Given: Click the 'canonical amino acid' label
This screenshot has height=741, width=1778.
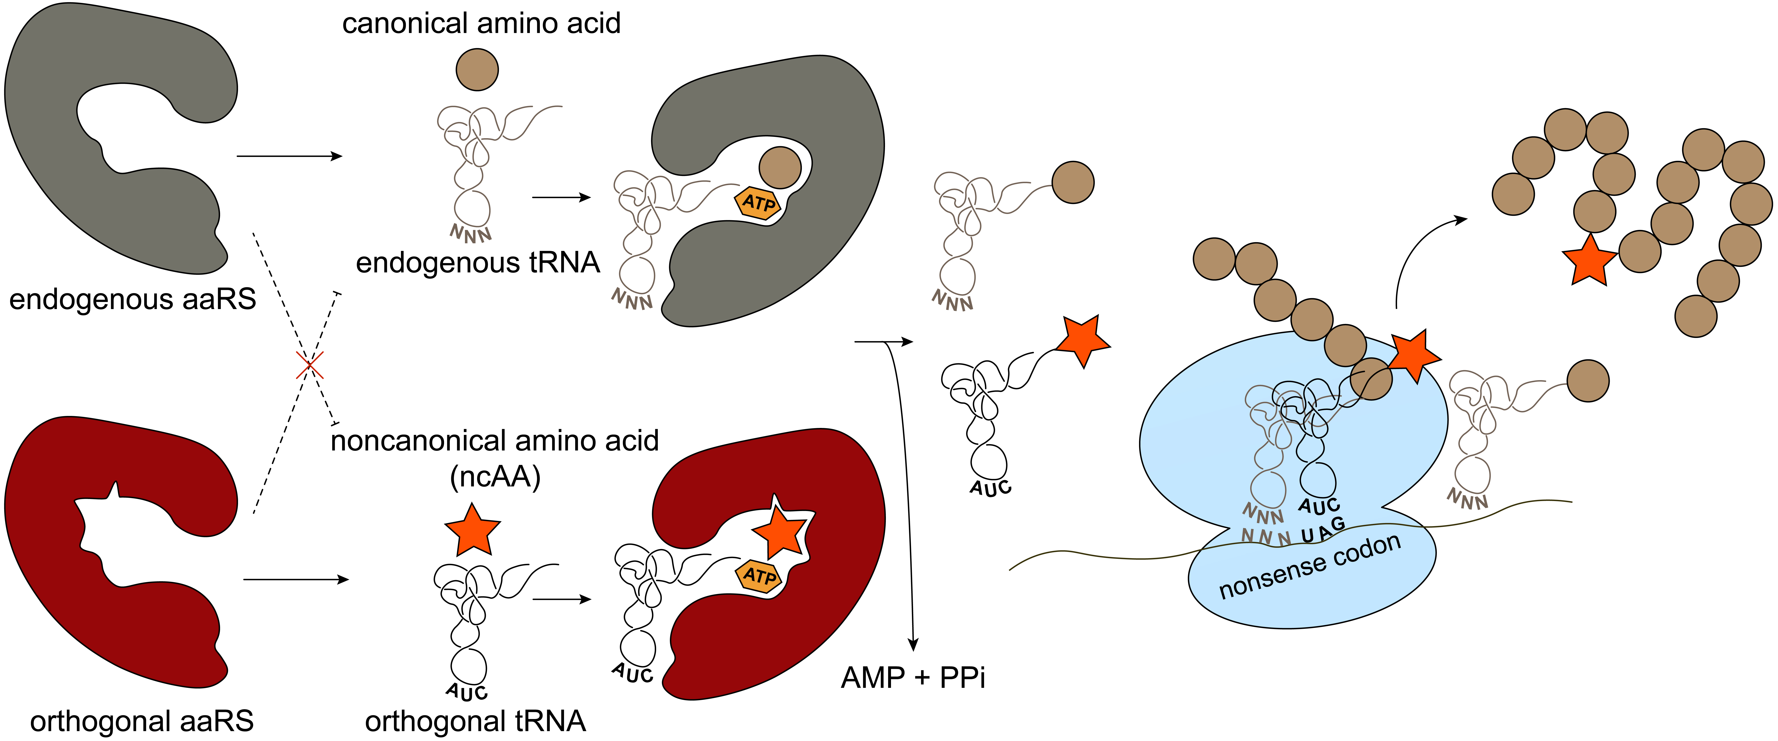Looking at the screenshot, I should [x=481, y=24].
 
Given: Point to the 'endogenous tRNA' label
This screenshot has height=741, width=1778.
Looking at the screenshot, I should [x=478, y=263].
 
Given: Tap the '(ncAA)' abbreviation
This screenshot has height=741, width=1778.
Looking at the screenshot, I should [x=495, y=477].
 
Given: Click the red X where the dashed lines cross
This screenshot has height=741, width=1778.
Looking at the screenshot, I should [x=310, y=365].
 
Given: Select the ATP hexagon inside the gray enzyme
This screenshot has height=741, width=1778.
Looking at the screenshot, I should [x=758, y=203].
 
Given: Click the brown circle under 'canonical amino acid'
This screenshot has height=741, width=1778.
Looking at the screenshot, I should [x=477, y=70].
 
